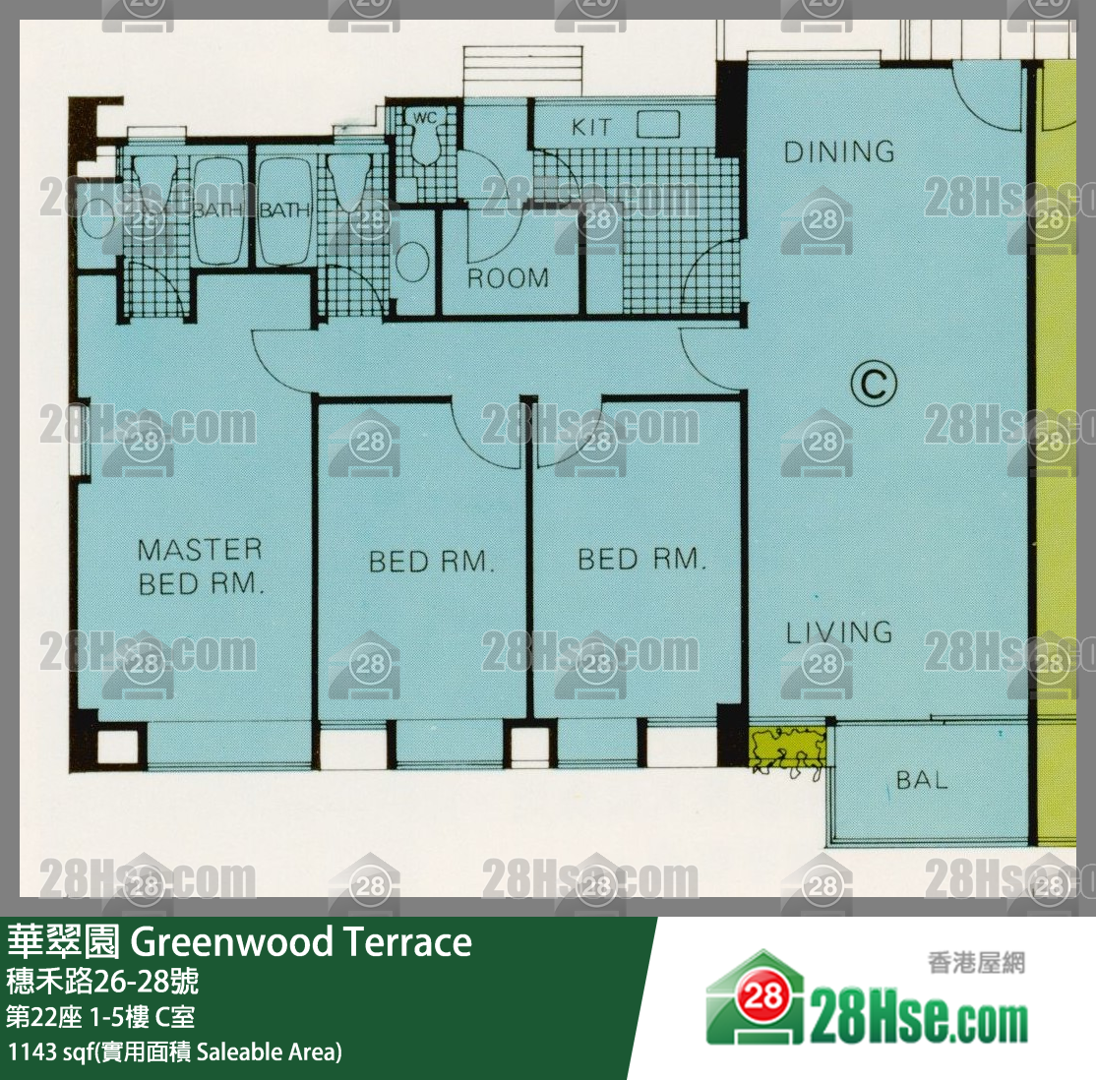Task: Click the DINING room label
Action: point(839,151)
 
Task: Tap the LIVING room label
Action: point(839,632)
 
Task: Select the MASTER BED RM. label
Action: point(201,567)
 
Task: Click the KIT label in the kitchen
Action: point(591,127)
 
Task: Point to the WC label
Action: point(425,118)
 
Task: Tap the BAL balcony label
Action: point(921,780)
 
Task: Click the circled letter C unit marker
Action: point(874,383)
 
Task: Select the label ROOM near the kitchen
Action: point(509,278)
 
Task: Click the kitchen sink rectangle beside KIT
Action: point(658,125)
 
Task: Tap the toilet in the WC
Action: point(424,144)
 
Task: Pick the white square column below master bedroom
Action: point(117,746)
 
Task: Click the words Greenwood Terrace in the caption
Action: point(301,941)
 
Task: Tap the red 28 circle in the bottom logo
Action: point(762,995)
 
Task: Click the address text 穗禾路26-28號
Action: point(102,982)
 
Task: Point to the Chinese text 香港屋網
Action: point(977,963)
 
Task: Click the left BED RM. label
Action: point(431,562)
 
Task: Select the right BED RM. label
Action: point(641,560)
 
